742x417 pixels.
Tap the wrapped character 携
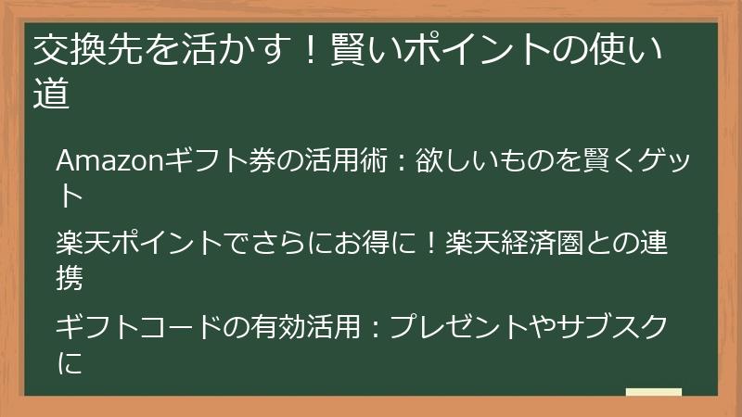pos(70,275)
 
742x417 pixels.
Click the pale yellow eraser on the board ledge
pos(653,392)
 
